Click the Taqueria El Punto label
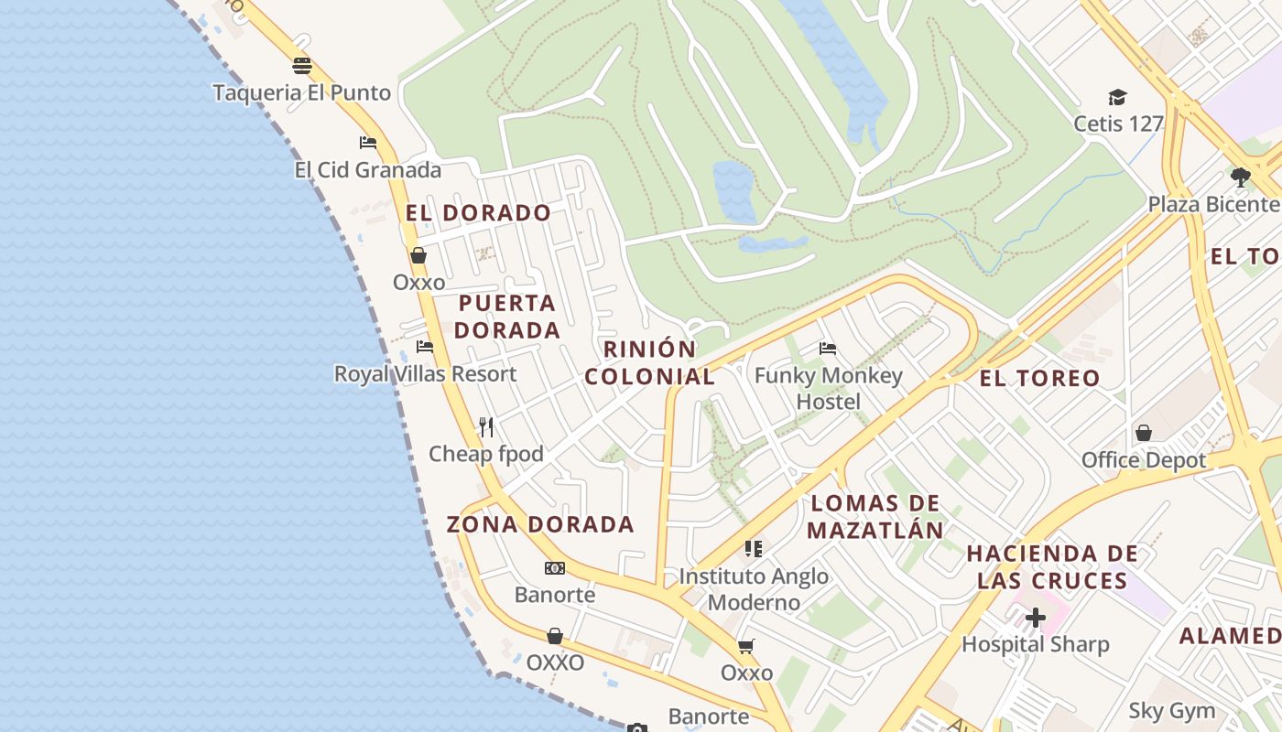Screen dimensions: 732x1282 click(301, 92)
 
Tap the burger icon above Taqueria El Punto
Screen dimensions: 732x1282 click(302, 66)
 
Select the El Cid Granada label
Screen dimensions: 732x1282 click(367, 169)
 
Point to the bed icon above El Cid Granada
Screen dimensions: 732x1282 click(368, 142)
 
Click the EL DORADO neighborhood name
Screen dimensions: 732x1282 click(478, 213)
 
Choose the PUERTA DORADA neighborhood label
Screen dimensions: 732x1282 click(507, 317)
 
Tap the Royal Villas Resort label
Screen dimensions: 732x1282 click(425, 373)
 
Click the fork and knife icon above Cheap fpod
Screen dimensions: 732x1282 click(486, 426)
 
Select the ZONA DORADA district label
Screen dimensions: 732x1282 click(540, 524)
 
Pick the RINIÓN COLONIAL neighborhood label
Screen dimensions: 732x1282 click(650, 362)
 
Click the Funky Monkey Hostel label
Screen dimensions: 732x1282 click(829, 388)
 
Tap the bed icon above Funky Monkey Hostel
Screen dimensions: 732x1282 click(828, 349)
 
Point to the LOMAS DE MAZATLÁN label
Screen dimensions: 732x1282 click(875, 516)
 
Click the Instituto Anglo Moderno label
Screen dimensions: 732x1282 click(754, 588)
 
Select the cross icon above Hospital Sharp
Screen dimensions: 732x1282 click(1036, 618)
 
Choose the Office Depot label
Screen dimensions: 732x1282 click(1144, 459)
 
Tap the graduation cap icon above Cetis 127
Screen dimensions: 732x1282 click(1117, 97)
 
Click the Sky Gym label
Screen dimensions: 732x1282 click(1171, 710)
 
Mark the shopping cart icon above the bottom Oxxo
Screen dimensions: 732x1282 click(746, 646)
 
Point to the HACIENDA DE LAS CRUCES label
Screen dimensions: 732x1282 click(1052, 566)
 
